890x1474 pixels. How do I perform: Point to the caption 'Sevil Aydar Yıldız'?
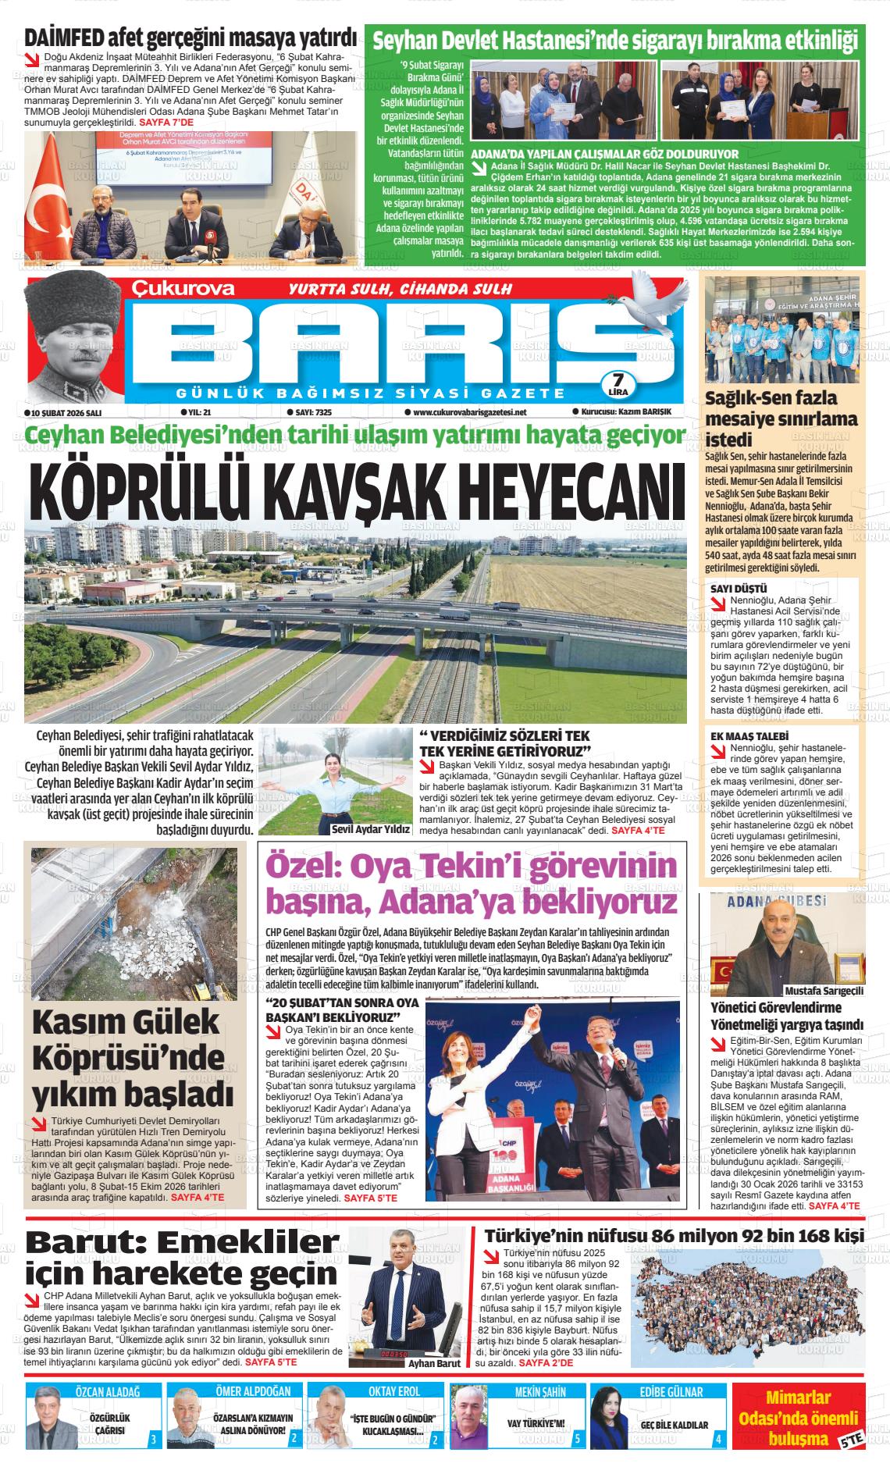tap(370, 830)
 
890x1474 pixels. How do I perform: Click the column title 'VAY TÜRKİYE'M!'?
tap(536, 1423)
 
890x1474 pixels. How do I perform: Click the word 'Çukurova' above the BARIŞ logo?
tap(182, 288)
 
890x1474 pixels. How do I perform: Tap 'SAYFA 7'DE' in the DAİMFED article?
tap(166, 123)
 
